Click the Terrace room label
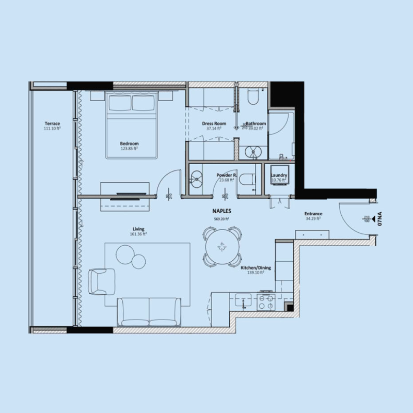coord(52,124)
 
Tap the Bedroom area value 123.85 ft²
coord(130,149)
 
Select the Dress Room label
coord(211,124)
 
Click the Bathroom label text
coord(256,124)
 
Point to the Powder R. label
coord(227,176)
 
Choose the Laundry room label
coord(279,176)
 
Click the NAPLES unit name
coord(221,211)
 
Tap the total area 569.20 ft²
coord(221,218)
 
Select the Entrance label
coord(313,214)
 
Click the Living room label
coord(138,229)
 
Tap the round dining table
coord(222,246)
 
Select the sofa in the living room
coord(149,312)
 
